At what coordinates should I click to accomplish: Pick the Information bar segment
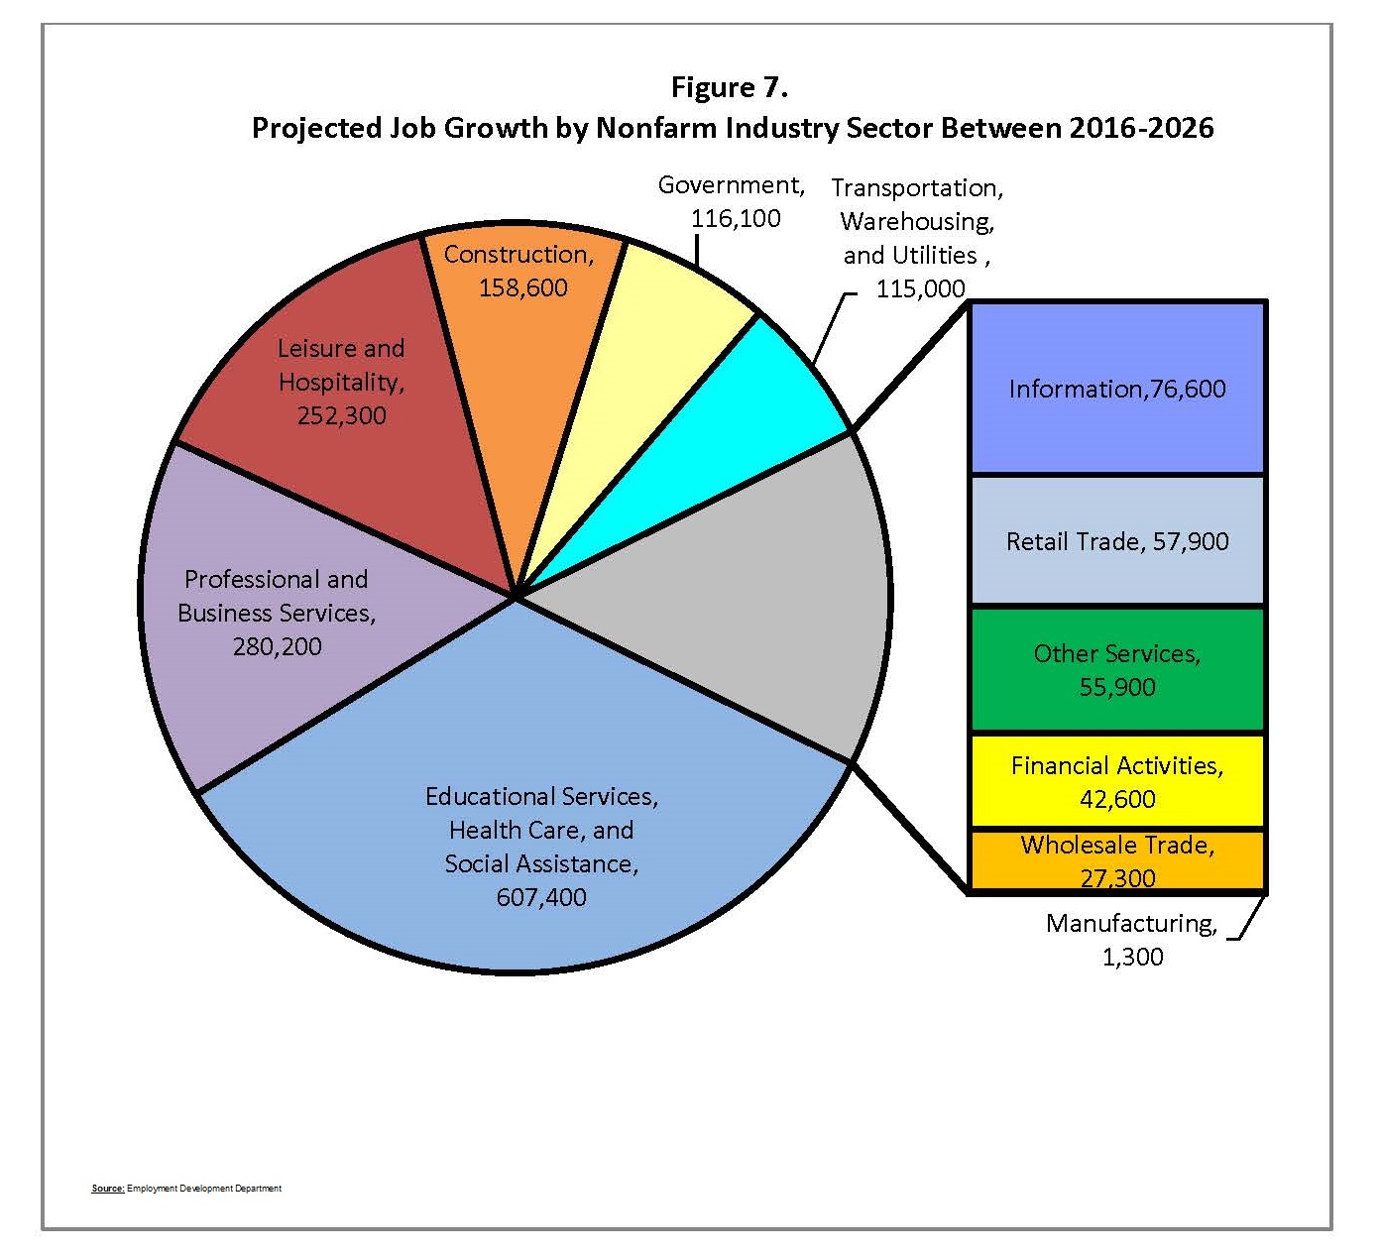[1117, 389]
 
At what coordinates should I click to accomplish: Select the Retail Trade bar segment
[1117, 541]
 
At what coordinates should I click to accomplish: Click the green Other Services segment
[1117, 670]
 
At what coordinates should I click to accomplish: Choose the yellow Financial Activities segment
[1117, 781]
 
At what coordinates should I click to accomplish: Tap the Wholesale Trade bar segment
[1117, 859]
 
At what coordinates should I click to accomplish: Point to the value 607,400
[541, 897]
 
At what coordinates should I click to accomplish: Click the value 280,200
[277, 646]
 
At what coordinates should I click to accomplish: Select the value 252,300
[341, 415]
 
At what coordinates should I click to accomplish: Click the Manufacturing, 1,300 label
[1131, 940]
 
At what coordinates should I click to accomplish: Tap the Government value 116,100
[736, 219]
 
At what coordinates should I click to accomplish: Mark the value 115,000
[920, 288]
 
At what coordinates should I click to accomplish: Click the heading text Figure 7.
[729, 87]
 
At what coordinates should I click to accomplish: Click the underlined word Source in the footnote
[107, 1188]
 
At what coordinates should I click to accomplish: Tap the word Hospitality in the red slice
[340, 382]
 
